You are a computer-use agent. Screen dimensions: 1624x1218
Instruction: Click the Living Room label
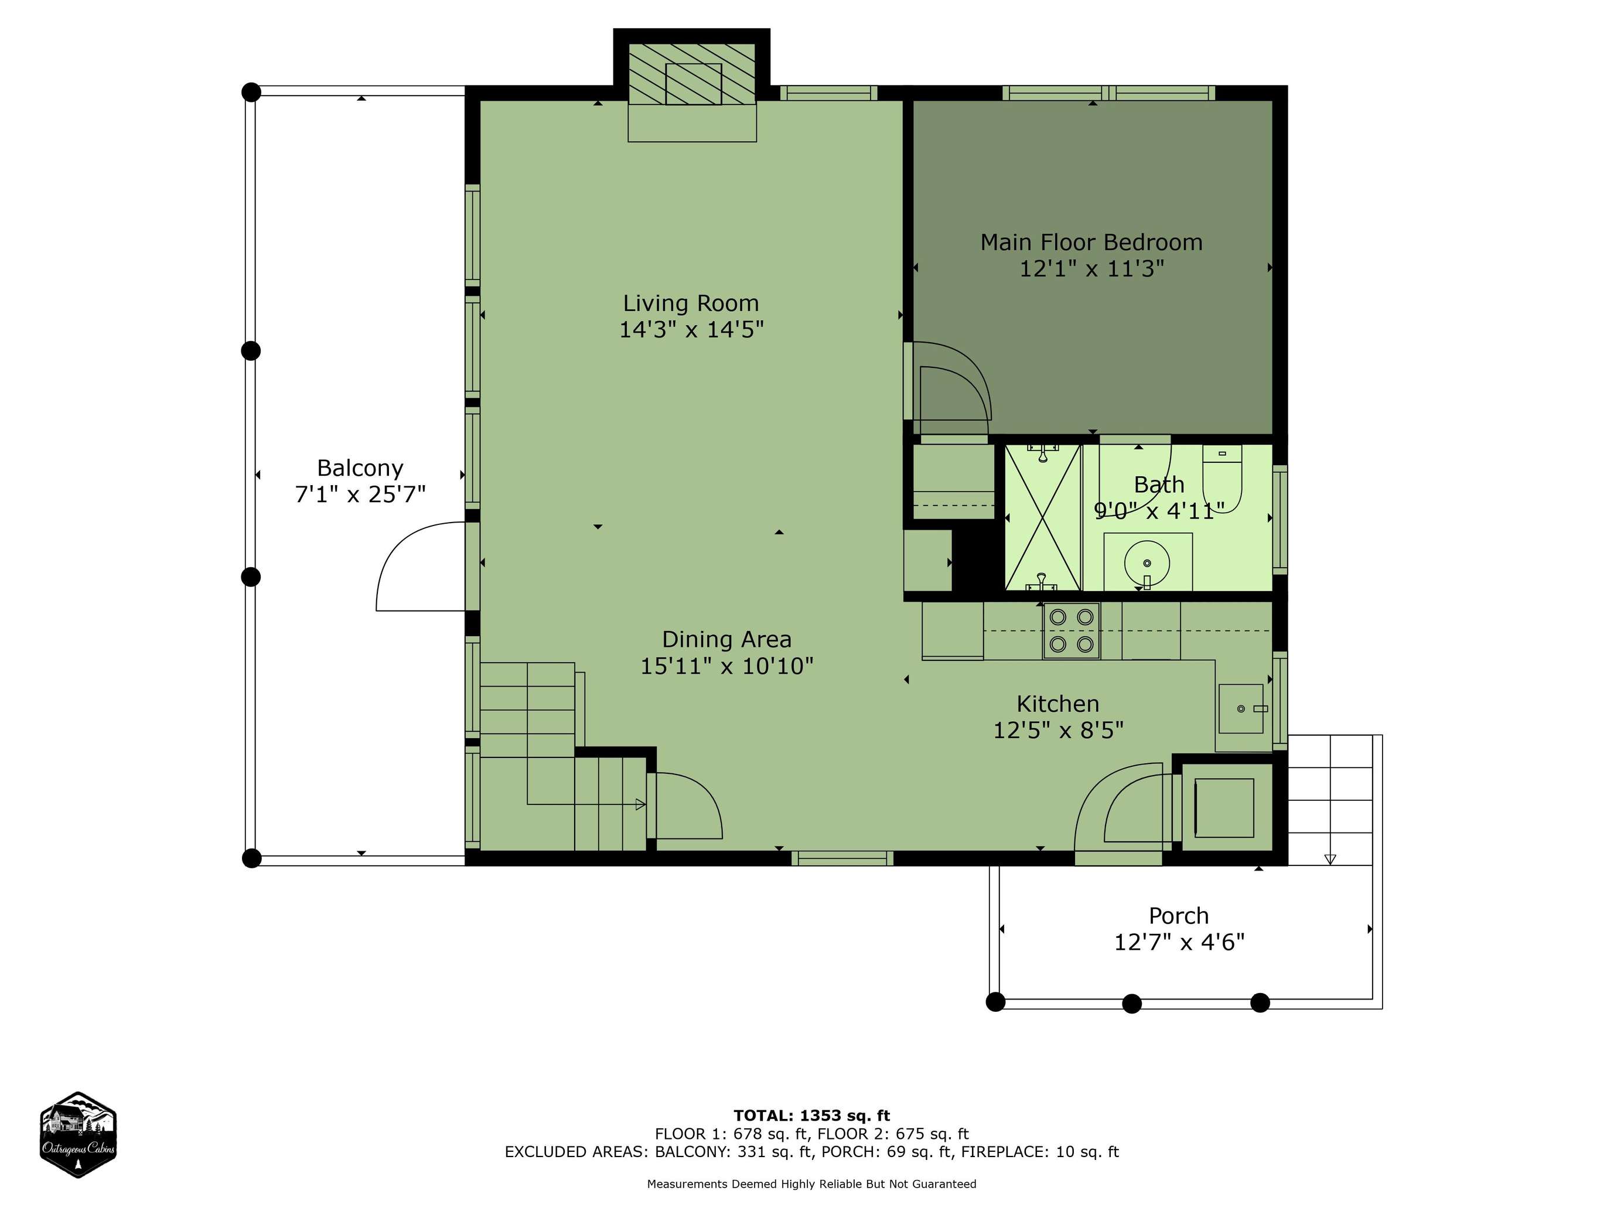click(691, 303)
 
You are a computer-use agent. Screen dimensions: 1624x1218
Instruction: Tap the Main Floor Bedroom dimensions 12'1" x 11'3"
click(1091, 269)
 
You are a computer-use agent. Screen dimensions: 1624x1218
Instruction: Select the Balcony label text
click(360, 469)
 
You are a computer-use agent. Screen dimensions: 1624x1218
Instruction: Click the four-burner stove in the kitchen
click(1071, 630)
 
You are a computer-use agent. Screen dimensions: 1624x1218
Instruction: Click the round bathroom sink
click(1147, 564)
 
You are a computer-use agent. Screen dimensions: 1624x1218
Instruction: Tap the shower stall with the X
click(1042, 517)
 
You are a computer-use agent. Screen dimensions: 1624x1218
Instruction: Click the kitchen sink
click(1241, 708)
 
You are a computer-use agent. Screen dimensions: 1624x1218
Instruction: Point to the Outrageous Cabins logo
click(78, 1135)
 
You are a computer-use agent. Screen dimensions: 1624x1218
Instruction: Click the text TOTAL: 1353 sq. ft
click(811, 1116)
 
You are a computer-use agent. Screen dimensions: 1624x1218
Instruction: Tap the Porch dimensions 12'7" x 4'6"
click(1179, 942)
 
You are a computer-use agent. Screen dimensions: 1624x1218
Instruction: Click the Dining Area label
click(727, 640)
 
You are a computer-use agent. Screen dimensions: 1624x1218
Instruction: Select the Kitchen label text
click(1058, 704)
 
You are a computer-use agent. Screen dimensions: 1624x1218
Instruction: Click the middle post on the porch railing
click(1132, 1004)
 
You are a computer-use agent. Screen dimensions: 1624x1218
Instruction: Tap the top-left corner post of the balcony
click(251, 92)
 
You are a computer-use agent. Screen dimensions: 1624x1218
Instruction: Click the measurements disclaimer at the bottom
click(811, 1183)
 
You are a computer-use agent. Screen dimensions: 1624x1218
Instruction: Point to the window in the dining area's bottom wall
click(842, 858)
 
